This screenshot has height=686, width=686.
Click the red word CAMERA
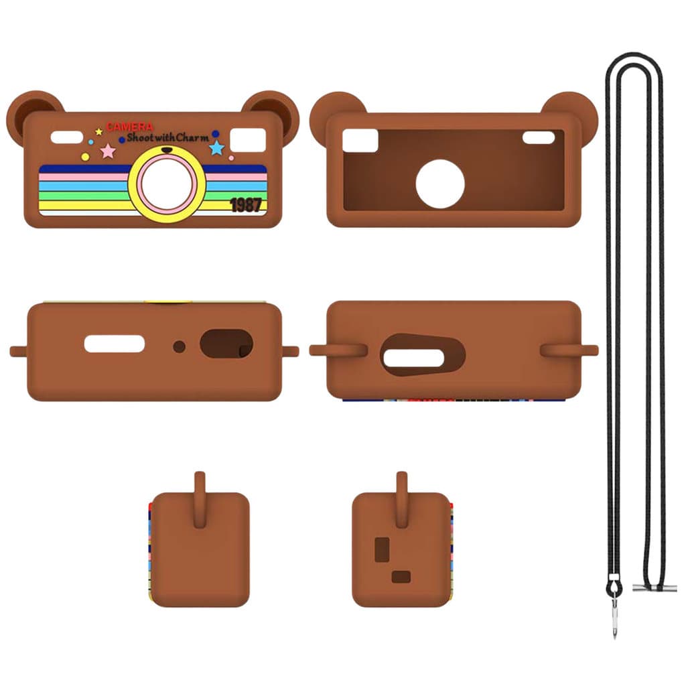[129, 127]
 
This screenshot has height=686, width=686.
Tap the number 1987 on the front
[246, 205]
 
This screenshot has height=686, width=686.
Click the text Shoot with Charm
[168, 138]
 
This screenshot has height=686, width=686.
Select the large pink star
[108, 151]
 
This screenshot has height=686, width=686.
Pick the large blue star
[216, 147]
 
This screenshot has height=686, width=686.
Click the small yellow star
[99, 131]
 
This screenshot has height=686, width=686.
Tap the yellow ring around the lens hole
[167, 184]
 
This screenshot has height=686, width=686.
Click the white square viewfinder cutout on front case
[248, 140]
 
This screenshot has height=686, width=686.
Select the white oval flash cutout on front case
[67, 137]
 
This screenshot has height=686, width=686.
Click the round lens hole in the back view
[439, 184]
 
